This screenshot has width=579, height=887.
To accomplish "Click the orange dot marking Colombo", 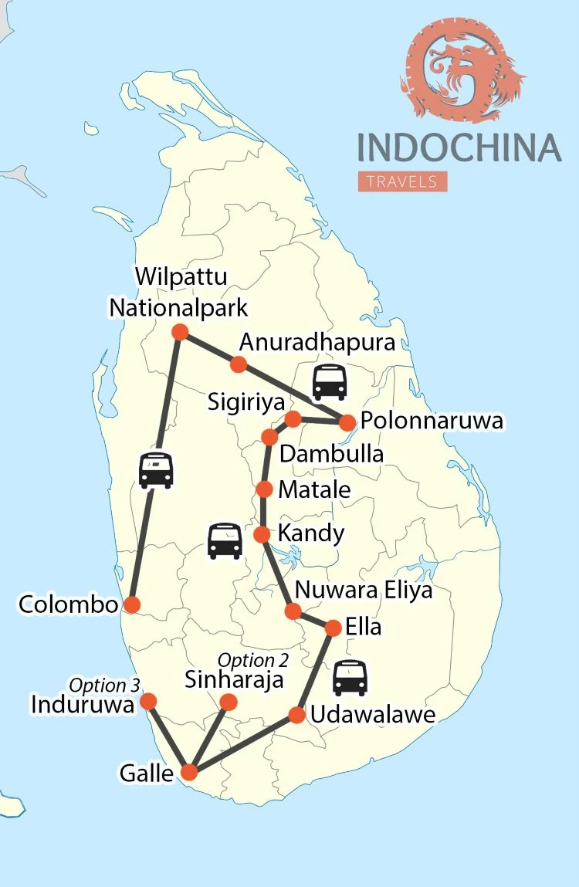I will click(x=132, y=604).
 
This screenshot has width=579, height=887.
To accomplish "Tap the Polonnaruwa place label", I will click(x=432, y=421).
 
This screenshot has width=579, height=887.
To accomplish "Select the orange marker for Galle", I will click(x=189, y=772).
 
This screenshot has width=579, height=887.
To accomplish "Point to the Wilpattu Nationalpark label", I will click(x=178, y=293).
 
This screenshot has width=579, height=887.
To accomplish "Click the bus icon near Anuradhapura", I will click(x=330, y=381).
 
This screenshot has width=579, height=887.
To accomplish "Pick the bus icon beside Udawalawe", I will click(x=350, y=677).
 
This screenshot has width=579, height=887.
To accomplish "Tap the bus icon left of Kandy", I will click(x=225, y=540).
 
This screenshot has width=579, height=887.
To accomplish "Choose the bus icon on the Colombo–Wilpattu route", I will click(x=155, y=470).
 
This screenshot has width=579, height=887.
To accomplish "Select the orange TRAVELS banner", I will click(x=402, y=181).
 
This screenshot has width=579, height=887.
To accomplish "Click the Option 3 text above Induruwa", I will click(x=99, y=685).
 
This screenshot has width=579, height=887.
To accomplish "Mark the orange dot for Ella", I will click(x=333, y=628).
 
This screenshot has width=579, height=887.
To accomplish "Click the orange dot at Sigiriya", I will click(x=293, y=418).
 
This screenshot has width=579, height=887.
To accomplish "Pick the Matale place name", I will click(x=314, y=489).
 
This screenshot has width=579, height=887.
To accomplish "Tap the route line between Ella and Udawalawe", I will click(x=316, y=670).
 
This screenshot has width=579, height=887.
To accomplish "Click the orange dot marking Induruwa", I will click(x=148, y=701).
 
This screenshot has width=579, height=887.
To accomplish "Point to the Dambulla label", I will click(x=331, y=454).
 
